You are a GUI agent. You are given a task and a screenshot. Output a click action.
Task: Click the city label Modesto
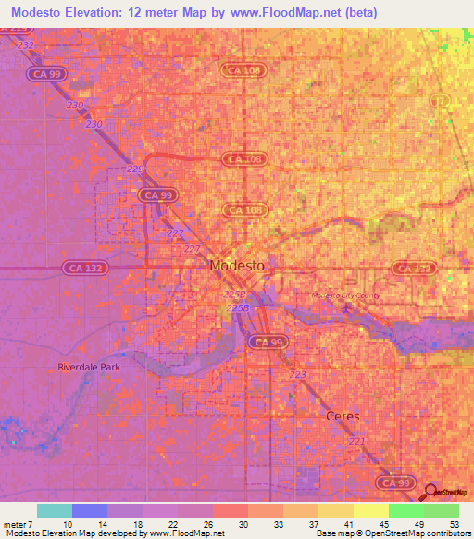pyautogui.click(x=238, y=265)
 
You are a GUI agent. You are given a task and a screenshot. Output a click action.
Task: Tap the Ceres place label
pyautogui.click(x=343, y=416)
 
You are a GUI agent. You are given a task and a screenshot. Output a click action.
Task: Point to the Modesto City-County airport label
pyautogui.click(x=347, y=295)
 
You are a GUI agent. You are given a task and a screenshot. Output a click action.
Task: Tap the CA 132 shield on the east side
pyautogui.click(x=412, y=268)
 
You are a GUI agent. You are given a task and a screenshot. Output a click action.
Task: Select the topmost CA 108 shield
pyautogui.click(x=244, y=69)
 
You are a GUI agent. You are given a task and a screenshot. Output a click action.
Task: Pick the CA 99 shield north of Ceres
pyautogui.click(x=268, y=342)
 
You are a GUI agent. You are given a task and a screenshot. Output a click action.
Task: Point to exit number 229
pyautogui.click(x=135, y=169)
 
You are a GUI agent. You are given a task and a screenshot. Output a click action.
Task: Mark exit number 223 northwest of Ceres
pyautogui.click(x=298, y=374)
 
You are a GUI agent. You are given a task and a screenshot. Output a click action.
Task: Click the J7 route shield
pyautogui.click(x=442, y=98)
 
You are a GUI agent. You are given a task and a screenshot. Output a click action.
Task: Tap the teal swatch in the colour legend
pyautogui.click(x=55, y=510)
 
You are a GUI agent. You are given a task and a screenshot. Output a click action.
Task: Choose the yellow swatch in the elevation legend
pyautogui.click(x=371, y=510)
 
